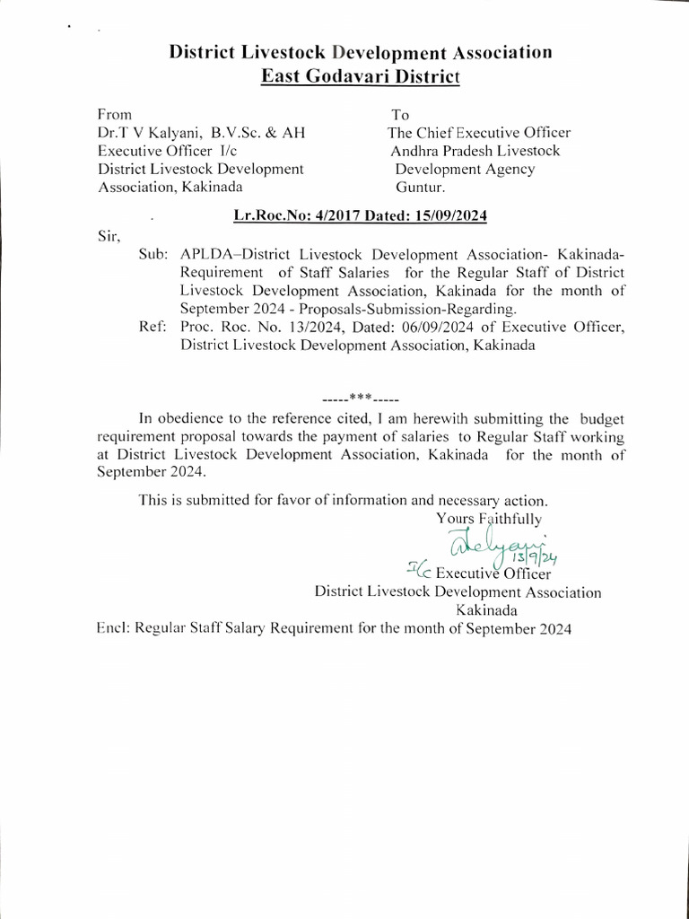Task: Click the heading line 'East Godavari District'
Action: (x=360, y=76)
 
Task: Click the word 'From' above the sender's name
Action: (x=114, y=114)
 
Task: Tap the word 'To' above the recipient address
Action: (x=399, y=115)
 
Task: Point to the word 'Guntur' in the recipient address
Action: (x=419, y=187)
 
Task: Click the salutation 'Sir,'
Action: (x=107, y=237)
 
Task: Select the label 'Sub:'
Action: (x=154, y=255)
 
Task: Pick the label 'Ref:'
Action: (x=154, y=328)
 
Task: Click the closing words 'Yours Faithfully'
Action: (x=488, y=518)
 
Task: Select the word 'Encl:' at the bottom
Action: (x=113, y=629)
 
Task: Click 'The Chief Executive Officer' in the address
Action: (x=479, y=133)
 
